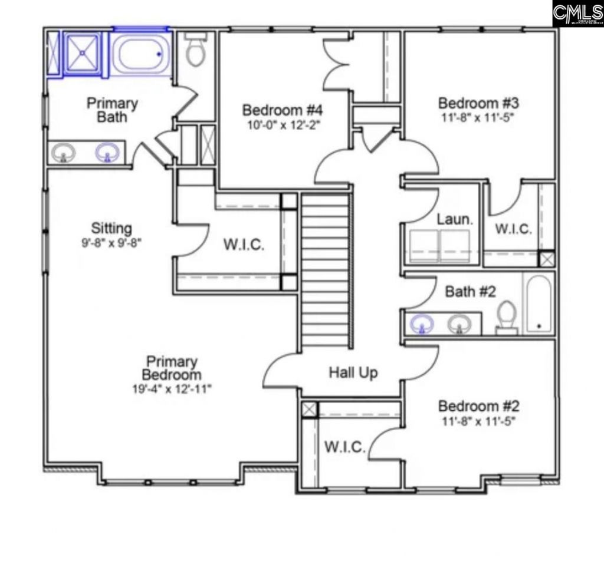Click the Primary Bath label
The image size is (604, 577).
tap(112, 110)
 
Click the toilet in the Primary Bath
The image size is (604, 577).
tap(195, 50)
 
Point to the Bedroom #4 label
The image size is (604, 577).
tap(283, 110)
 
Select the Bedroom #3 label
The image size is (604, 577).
tap(478, 102)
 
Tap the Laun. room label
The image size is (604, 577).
tap(455, 220)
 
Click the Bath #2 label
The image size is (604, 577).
tap(470, 292)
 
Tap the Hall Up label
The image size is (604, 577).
tap(353, 372)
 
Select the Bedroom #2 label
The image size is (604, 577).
tap(478, 407)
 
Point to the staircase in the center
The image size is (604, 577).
tap(326, 271)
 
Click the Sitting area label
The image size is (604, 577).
tap(111, 227)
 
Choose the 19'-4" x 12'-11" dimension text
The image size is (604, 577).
tap(172, 388)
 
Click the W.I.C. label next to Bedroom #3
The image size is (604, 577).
tap(513, 229)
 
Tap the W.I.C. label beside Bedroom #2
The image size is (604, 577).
tap(344, 447)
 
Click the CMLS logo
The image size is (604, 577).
tap(577, 13)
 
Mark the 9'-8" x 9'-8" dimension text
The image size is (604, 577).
tap(111, 242)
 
